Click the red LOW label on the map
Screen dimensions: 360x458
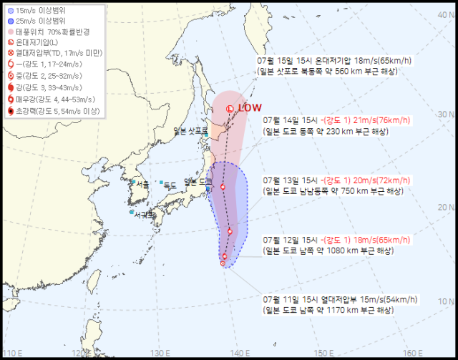tap(249, 108)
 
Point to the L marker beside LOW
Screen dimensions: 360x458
tap(229, 109)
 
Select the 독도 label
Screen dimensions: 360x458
tap(170, 185)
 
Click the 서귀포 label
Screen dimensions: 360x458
tap(144, 214)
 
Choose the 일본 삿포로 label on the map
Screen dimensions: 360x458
tap(190, 131)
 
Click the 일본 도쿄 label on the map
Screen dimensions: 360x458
tap(197, 183)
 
